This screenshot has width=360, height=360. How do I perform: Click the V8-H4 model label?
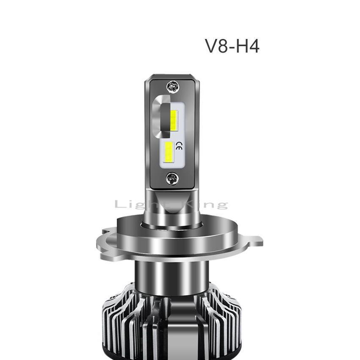click(232, 46)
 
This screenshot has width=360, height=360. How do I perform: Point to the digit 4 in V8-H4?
click(253, 46)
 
